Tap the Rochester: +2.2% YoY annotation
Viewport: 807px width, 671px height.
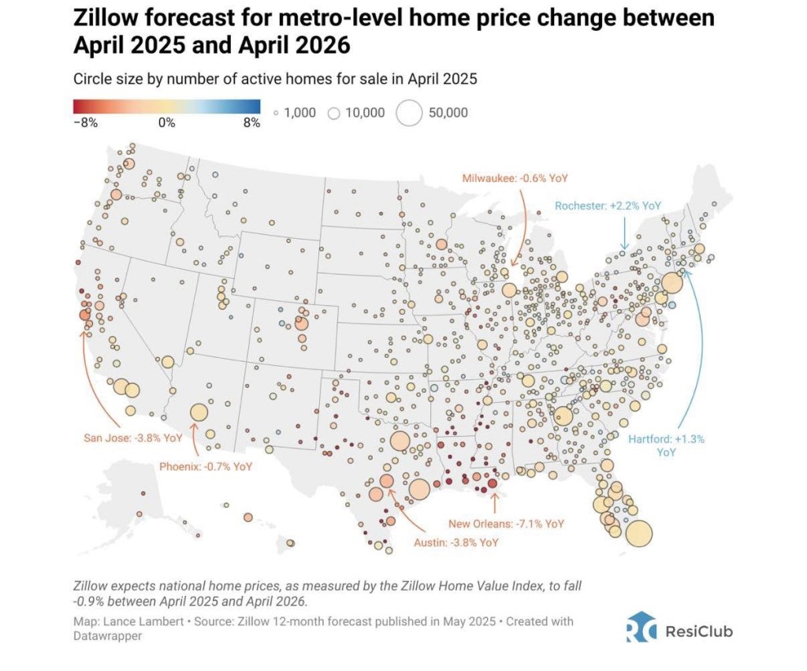(608, 205)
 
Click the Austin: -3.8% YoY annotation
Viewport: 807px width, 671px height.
(456, 542)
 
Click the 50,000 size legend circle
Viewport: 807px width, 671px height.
(410, 113)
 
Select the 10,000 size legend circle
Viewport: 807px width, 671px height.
(333, 114)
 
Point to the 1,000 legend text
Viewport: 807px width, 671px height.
(299, 113)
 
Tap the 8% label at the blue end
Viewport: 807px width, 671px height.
(251, 123)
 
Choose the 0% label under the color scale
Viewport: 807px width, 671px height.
(166, 123)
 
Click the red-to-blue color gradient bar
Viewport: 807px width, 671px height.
(167, 106)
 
